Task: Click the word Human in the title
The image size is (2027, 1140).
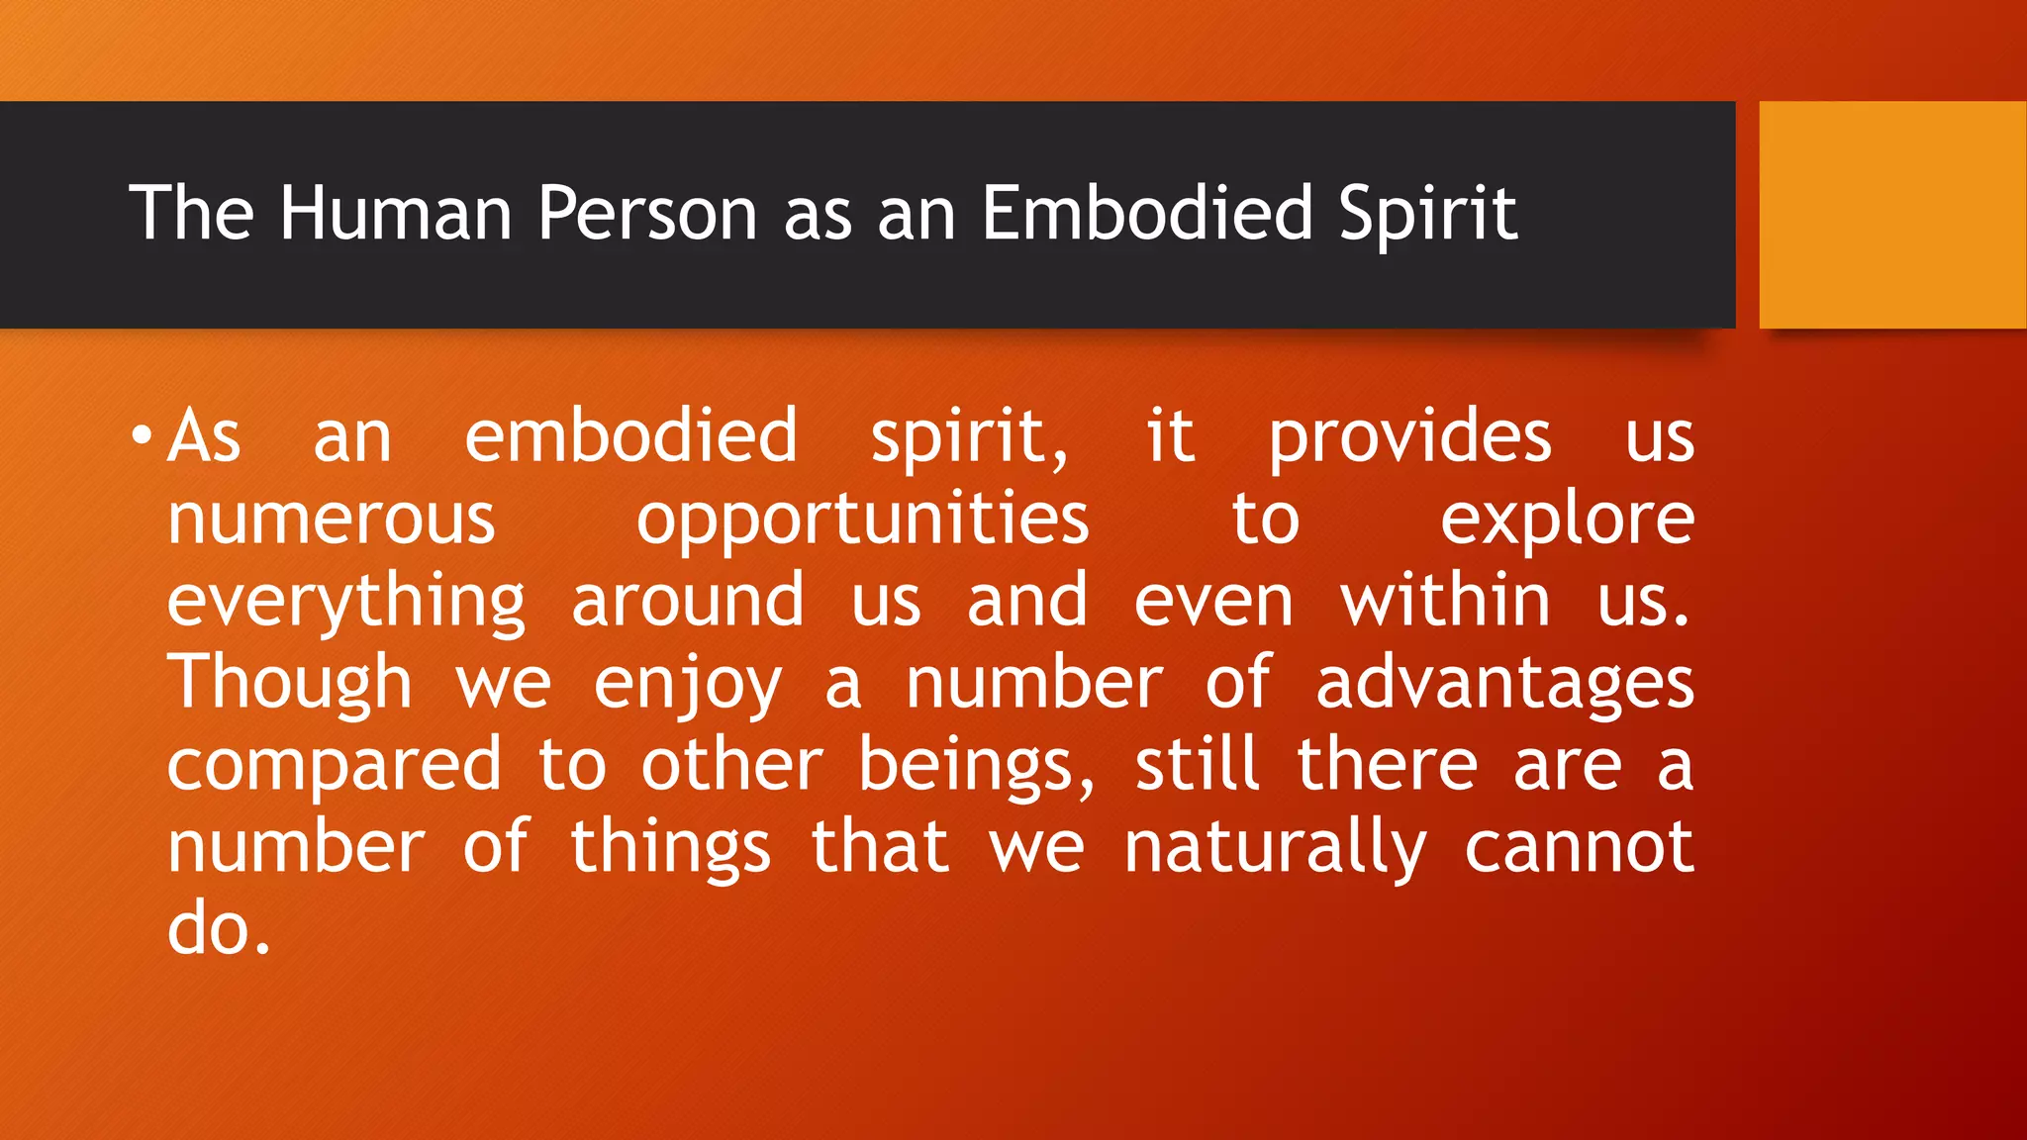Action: pos(395,213)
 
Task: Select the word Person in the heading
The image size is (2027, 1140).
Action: pos(647,213)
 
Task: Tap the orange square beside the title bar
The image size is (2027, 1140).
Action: pos(1892,215)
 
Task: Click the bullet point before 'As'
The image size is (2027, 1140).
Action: pos(142,435)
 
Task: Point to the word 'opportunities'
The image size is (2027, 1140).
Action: pos(862,519)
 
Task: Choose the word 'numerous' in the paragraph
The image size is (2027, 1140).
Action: pos(331,519)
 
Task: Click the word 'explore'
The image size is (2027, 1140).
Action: pos(1567,519)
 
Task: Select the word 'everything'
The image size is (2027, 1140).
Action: pos(346,602)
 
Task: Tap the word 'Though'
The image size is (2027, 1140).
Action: pos(289,683)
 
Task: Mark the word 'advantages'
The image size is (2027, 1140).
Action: pos(1504,683)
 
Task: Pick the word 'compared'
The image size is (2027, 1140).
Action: pos(335,766)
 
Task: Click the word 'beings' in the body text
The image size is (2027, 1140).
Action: pos(976,766)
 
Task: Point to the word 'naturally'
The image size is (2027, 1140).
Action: pos(1276,848)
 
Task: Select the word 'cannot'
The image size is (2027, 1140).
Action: pos(1579,848)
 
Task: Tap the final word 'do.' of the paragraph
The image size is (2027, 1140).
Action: pos(219,930)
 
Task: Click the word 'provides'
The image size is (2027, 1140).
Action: pos(1410,435)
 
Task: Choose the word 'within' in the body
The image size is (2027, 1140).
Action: pos(1445,601)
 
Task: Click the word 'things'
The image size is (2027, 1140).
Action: pos(670,848)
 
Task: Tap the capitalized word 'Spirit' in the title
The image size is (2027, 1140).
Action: pos(1427,213)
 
